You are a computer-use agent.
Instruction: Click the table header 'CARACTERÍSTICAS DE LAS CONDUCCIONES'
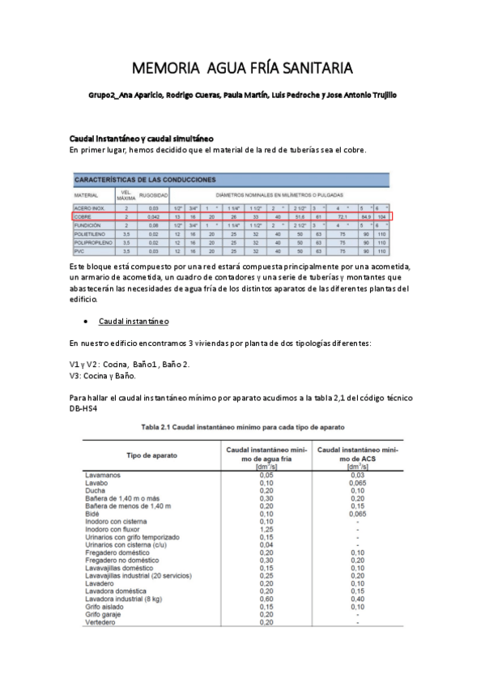[146, 179]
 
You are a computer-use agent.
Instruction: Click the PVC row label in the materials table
[79, 251]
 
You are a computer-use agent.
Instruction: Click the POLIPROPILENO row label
[91, 242]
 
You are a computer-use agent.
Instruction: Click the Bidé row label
[92, 513]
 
